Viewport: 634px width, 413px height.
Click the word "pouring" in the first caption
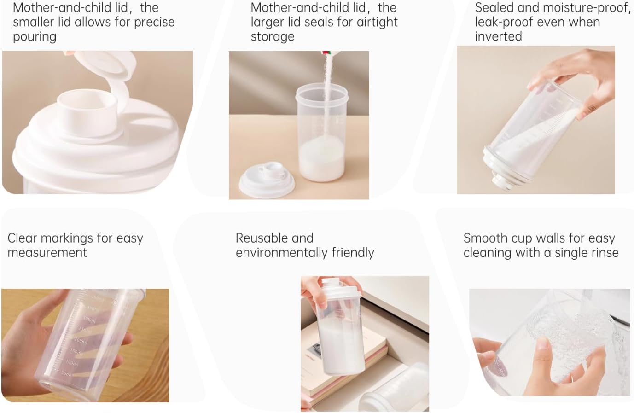click(35, 37)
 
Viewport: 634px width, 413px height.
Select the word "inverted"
click(498, 36)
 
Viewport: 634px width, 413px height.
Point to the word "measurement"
click(47, 253)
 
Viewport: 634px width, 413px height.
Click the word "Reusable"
click(274, 238)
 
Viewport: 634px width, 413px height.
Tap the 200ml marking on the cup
click(81, 341)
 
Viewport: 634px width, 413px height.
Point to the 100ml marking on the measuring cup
click(72, 362)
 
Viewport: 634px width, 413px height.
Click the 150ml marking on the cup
click(76, 352)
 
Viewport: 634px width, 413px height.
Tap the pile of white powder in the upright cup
click(322, 157)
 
